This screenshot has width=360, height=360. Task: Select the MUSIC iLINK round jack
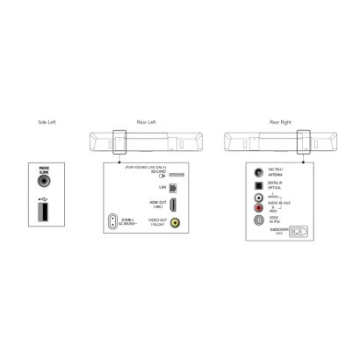pyautogui.click(x=45, y=184)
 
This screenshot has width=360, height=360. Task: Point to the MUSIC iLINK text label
pyautogui.click(x=45, y=170)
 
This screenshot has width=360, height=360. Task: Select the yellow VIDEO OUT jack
pyautogui.click(x=174, y=223)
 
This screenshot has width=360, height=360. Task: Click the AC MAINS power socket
pyautogui.click(x=112, y=222)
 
